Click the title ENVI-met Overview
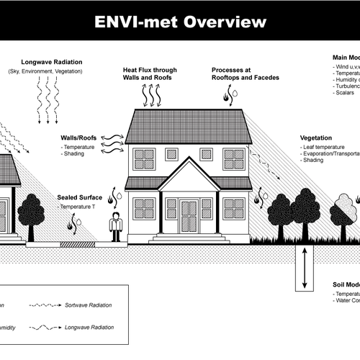coord(180,22)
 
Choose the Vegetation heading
coord(315,137)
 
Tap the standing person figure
coord(115,227)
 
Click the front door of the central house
coord(189,217)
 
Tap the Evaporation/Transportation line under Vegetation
coord(331,153)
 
